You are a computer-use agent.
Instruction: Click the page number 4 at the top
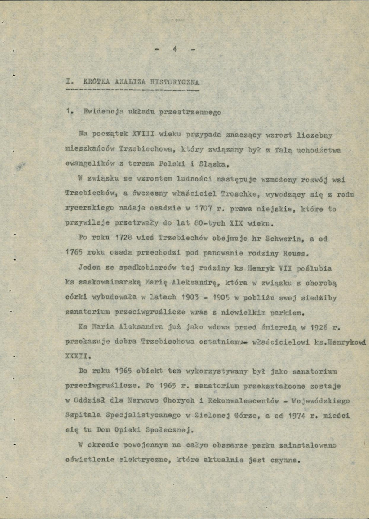point(175,49)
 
